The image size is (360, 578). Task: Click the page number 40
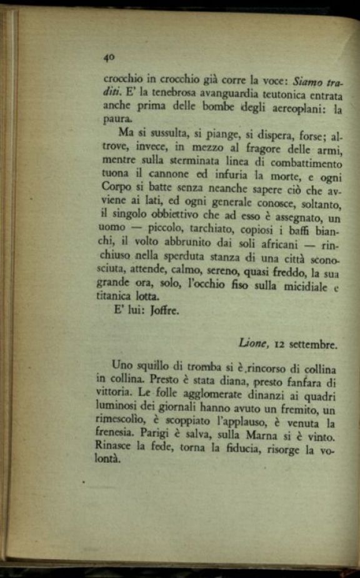pyautogui.click(x=109, y=57)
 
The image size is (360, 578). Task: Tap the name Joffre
pyautogui.click(x=165, y=311)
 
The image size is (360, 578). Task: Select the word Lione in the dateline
pyautogui.click(x=252, y=343)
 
